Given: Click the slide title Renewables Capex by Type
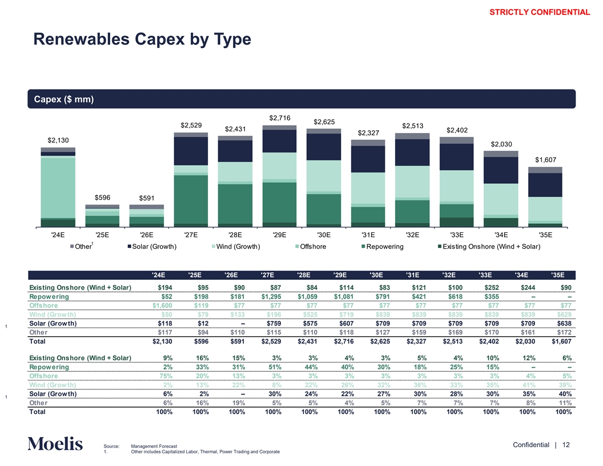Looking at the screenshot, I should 142,39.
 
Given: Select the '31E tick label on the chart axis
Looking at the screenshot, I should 368,234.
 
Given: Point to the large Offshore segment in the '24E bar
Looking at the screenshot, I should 58,187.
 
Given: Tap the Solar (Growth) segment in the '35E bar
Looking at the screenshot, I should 545,185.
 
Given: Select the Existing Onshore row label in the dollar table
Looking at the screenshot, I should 81,287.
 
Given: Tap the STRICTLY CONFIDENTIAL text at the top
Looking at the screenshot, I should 540,12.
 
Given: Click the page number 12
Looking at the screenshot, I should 566,444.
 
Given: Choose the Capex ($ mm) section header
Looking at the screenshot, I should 61,99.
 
